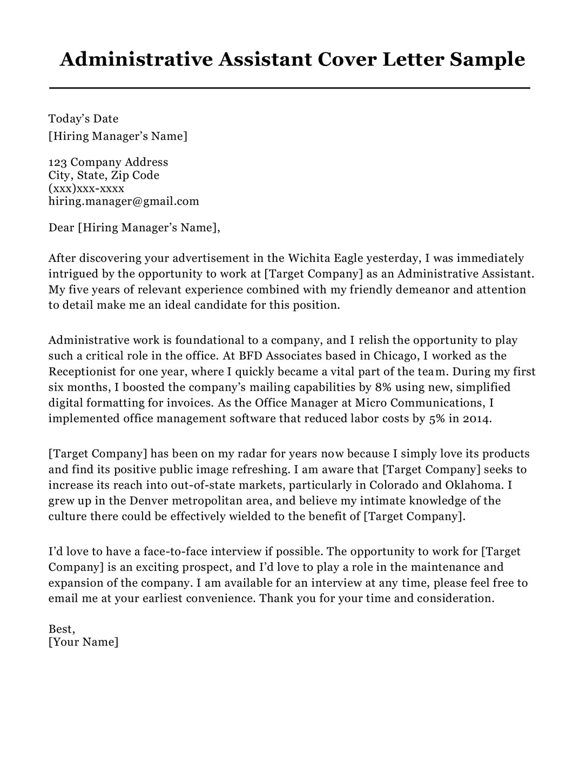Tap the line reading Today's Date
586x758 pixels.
pyautogui.click(x=83, y=119)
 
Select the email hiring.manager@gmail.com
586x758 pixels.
pyautogui.click(x=124, y=201)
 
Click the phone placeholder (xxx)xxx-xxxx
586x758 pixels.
pyautogui.click(x=86, y=188)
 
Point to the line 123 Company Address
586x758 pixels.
pyautogui.click(x=108, y=162)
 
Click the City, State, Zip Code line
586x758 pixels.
pyautogui.click(x=104, y=175)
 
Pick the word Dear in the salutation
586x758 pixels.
pyautogui.click(x=61, y=227)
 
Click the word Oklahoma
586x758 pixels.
pyautogui.click(x=476, y=485)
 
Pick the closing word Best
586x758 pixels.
pyautogui.click(x=61, y=629)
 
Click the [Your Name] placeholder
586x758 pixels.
pyautogui.click(x=83, y=642)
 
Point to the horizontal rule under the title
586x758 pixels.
pyautogui.click(x=289, y=87)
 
